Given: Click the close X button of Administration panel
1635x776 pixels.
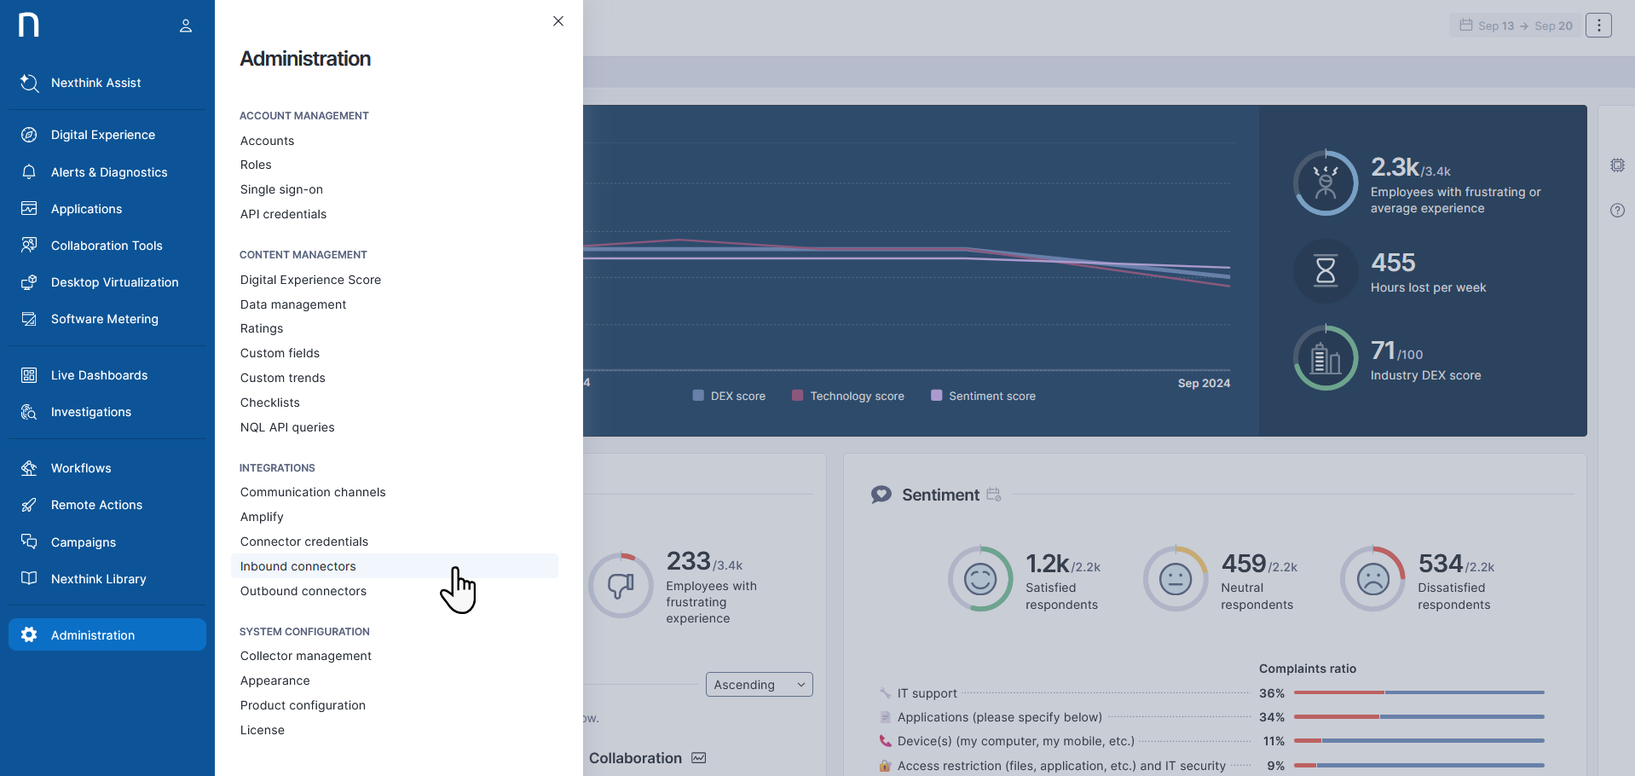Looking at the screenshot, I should [x=558, y=21].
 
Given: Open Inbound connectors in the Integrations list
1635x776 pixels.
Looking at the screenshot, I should [x=298, y=566].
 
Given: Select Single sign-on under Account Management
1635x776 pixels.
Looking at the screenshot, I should [x=281, y=189].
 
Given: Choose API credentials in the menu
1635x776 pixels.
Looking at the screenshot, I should [x=283, y=214].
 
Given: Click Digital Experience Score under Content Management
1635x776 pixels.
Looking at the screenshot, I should [x=310, y=280].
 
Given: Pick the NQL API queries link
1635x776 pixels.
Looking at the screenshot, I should [x=287, y=427].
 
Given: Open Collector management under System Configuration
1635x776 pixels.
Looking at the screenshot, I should [x=306, y=656].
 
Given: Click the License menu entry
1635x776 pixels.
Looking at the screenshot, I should [x=263, y=730].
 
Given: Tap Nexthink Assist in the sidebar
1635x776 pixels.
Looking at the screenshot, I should [x=95, y=83].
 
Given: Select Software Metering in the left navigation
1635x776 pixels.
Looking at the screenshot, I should [x=104, y=319].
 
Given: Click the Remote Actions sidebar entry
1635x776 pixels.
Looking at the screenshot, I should [x=96, y=505].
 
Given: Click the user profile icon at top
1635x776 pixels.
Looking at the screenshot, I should [x=186, y=26].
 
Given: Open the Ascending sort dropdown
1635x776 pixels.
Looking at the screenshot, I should [x=759, y=685].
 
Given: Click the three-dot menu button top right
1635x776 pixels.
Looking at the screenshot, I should [x=1598, y=26].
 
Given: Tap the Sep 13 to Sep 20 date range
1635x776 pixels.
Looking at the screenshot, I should [x=1516, y=26].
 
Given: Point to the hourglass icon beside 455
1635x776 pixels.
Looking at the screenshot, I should [x=1326, y=271].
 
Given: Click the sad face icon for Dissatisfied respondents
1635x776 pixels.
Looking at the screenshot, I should [x=1372, y=579].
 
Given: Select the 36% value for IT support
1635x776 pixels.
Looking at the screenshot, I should [x=1272, y=693].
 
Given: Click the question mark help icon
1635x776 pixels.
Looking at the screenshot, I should [x=1617, y=211].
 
